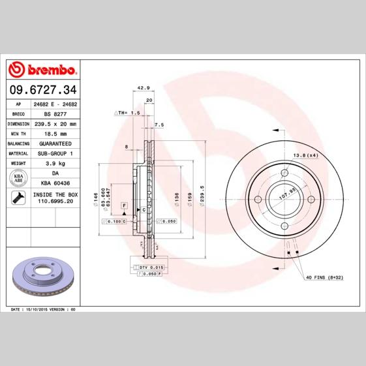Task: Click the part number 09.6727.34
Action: point(43,89)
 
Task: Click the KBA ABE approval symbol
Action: point(19,179)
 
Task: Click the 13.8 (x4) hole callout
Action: point(304,155)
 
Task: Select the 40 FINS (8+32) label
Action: point(325,277)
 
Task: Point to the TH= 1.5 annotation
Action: point(128,113)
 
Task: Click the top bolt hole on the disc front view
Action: point(284,172)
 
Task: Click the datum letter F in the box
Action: point(122,206)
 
